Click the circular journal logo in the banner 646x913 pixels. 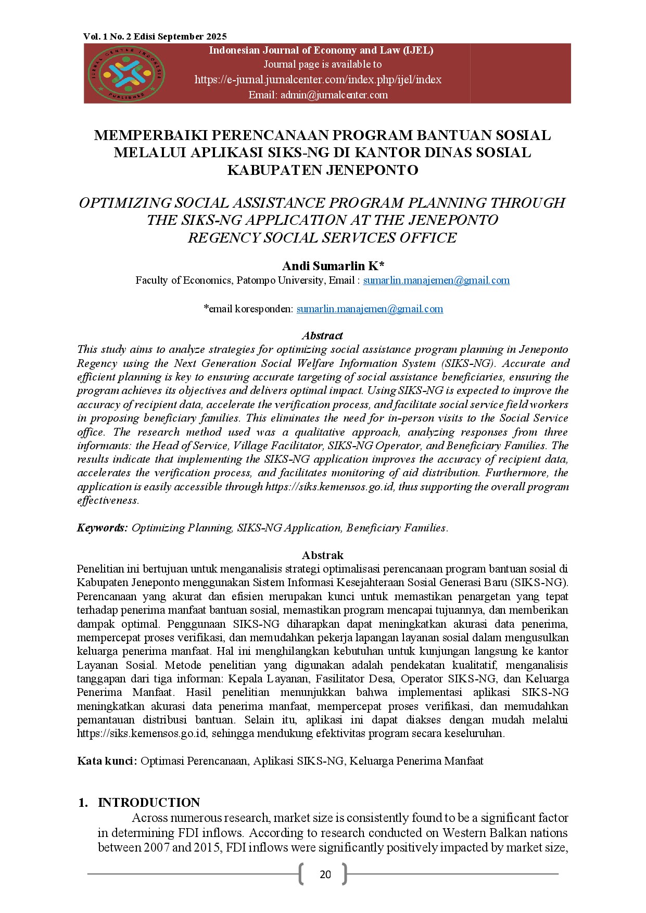tap(126, 74)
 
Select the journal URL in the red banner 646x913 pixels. tap(318, 80)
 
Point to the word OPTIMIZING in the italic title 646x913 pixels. tap(125, 203)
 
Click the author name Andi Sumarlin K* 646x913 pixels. tap(333, 266)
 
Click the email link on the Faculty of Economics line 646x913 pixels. tap(436, 281)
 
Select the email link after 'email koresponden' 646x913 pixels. tap(370, 309)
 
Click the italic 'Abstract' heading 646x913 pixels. tap(322, 336)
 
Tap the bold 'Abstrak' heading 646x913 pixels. tap(322, 555)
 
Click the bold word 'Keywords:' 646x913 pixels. tap(102, 528)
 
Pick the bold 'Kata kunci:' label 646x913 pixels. tap(107, 761)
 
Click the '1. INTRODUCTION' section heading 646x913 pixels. tap(140, 802)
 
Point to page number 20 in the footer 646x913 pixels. tap(325, 874)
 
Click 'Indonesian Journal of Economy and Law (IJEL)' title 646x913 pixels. tap(321, 50)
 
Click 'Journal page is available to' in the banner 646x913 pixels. tap(322, 65)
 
